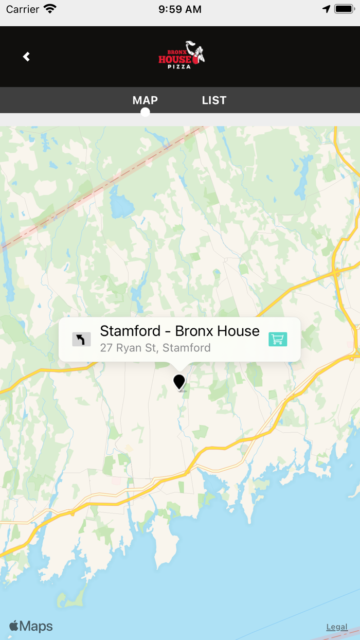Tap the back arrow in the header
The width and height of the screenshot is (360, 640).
(26, 57)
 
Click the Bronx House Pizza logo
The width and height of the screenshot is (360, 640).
(181, 56)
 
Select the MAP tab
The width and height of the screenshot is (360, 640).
(145, 100)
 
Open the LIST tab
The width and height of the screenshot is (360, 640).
(214, 100)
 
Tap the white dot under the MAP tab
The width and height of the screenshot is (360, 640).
(145, 112)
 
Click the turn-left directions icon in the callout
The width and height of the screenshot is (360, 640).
(81, 339)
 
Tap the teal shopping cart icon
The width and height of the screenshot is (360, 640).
(278, 339)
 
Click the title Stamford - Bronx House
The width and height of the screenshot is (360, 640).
(179, 331)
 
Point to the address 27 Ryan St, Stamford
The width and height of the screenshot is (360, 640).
(155, 348)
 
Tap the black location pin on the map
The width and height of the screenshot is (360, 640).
(179, 382)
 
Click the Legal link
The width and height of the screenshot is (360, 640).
(337, 627)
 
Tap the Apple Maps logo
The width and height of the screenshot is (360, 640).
(31, 626)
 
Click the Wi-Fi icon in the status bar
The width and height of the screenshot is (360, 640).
(50, 9)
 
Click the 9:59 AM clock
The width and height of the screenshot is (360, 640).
(180, 9)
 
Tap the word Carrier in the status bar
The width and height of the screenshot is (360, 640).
(23, 9)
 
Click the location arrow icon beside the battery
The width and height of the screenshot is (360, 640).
(326, 9)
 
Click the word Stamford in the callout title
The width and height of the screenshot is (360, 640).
(123, 331)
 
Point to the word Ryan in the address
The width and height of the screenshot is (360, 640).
(129, 348)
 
